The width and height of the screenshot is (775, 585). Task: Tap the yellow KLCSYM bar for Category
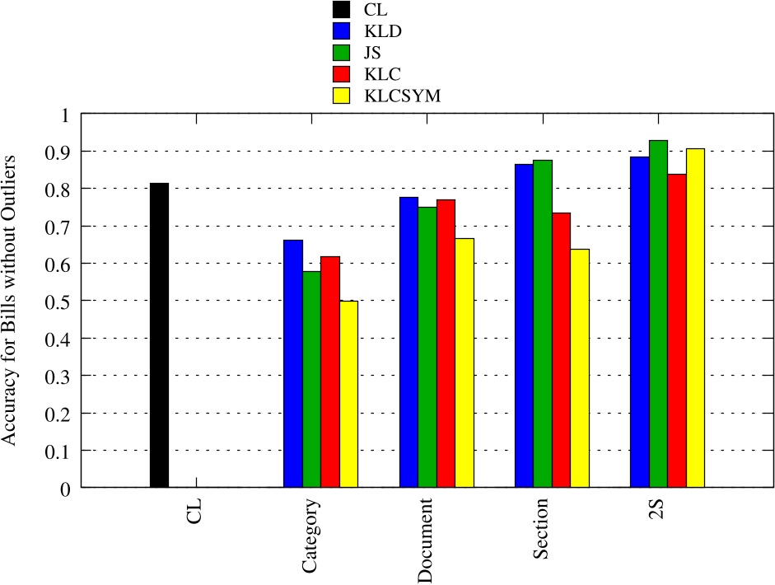349,395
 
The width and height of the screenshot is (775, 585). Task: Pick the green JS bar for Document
427,347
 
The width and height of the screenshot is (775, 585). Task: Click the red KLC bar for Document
446,344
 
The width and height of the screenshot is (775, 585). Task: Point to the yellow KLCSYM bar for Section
580,368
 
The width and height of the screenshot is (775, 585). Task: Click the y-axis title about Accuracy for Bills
11,300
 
